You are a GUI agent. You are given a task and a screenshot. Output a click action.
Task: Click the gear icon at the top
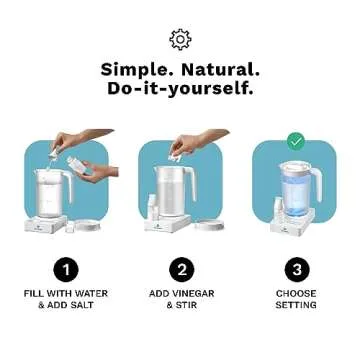(180, 39)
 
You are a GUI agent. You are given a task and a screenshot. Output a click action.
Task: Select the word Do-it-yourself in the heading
(180, 89)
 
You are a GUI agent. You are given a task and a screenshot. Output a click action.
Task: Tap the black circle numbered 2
(180, 269)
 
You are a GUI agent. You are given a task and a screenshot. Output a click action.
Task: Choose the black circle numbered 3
(296, 269)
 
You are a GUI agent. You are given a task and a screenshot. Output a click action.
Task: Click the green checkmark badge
(296, 141)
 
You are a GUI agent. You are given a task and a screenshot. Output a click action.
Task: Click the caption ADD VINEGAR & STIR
(180, 299)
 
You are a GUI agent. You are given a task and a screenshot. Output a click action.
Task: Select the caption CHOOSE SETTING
(296, 299)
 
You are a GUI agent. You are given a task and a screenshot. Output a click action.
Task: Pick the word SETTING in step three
(296, 305)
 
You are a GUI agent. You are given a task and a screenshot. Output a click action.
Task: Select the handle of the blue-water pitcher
(317, 180)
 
